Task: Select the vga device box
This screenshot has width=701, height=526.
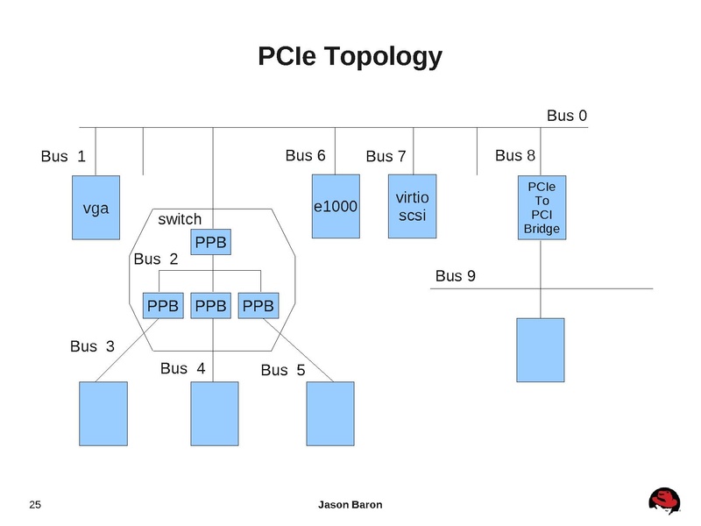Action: (96, 208)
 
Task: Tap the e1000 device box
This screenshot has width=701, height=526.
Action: (336, 207)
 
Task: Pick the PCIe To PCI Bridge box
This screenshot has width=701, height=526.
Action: (541, 208)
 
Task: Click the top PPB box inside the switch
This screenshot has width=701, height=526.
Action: (210, 241)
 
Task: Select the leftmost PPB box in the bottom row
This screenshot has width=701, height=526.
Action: (163, 306)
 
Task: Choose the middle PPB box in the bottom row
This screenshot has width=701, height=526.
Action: (210, 306)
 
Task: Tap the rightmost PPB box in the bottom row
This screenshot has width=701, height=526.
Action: (258, 306)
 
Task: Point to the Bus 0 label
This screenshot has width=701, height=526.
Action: (566, 116)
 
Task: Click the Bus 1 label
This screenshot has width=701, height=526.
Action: (63, 157)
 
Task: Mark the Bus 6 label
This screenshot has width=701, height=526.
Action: (306, 156)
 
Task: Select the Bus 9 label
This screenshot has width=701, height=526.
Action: (456, 276)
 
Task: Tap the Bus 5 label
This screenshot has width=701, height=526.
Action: (283, 370)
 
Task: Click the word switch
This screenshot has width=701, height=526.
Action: (180, 218)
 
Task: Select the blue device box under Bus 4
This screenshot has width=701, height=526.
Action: (215, 415)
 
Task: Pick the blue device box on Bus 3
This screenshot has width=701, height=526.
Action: (103, 415)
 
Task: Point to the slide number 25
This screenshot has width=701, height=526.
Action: (35, 504)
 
